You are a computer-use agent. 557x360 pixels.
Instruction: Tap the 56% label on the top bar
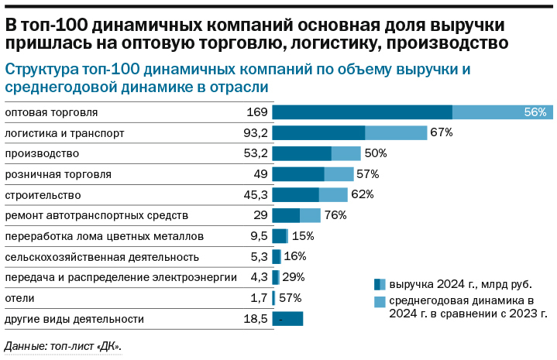pyautogui.click(x=535, y=112)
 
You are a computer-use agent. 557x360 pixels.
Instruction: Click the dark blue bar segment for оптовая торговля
pyautogui.click(x=362, y=112)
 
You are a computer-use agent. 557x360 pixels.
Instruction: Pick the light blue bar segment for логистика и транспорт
pyautogui.click(x=396, y=133)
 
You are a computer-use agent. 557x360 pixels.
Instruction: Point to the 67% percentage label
pyautogui.click(x=442, y=133)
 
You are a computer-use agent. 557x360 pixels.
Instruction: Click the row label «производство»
pyautogui.click(x=42, y=153)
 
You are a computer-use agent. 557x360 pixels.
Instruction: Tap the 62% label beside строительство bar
pyautogui.click(x=362, y=194)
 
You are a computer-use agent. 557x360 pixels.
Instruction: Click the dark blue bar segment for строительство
pyautogui.click(x=295, y=194)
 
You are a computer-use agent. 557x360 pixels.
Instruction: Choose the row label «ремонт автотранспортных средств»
pyautogui.click(x=97, y=215)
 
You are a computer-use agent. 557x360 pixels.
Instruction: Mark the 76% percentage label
pyautogui.click(x=335, y=215)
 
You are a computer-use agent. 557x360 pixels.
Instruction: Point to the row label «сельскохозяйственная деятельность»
pyautogui.click(x=102, y=256)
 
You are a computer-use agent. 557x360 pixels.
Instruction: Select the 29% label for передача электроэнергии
pyautogui.click(x=293, y=277)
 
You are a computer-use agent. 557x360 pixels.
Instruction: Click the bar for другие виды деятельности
pyautogui.click(x=287, y=318)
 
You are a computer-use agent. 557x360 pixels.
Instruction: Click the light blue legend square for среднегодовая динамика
pyautogui.click(x=380, y=301)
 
